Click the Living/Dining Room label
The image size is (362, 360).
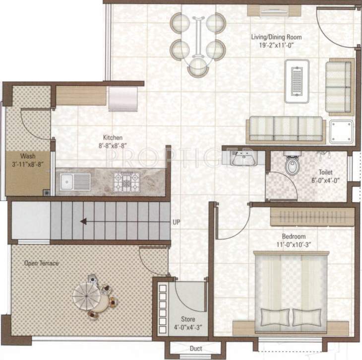point(276,37)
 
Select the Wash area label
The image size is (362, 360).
point(21,155)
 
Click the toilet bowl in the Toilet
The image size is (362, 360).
point(293,165)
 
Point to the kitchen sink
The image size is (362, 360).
point(75,182)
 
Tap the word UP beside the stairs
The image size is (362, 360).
point(176,222)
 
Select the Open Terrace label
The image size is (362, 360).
point(42,263)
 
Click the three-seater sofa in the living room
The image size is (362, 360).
point(286,128)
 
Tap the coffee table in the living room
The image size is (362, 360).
point(297,78)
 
